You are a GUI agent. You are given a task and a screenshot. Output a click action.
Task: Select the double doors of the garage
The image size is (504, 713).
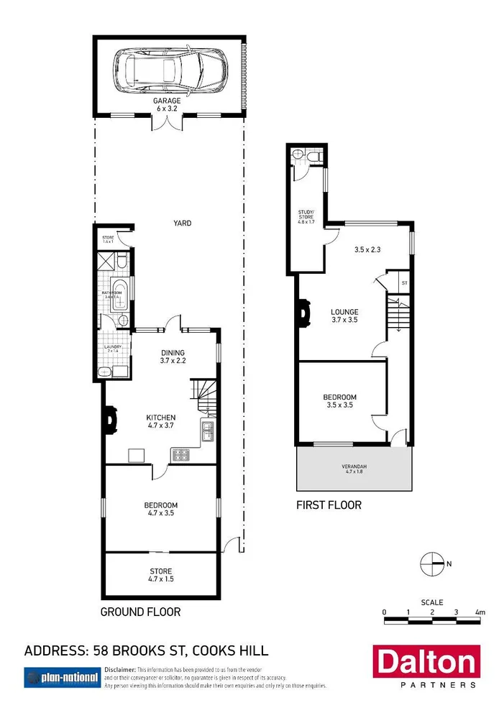pyautogui.click(x=166, y=123)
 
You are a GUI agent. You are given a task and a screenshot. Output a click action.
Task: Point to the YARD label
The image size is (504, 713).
pyautogui.click(x=182, y=224)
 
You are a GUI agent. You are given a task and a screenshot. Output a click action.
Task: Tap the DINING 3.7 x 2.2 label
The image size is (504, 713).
pyautogui.click(x=173, y=356)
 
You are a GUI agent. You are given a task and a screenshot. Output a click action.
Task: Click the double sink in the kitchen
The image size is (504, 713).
pyautogui.click(x=208, y=431)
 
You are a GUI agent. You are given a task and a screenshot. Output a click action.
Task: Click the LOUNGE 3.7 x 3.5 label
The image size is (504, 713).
pyautogui.click(x=344, y=316)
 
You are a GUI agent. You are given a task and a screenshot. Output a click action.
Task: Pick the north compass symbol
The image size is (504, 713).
pyautogui.click(x=433, y=564)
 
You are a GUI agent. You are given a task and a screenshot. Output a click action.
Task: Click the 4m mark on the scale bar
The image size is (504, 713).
pyautogui.click(x=480, y=612)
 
